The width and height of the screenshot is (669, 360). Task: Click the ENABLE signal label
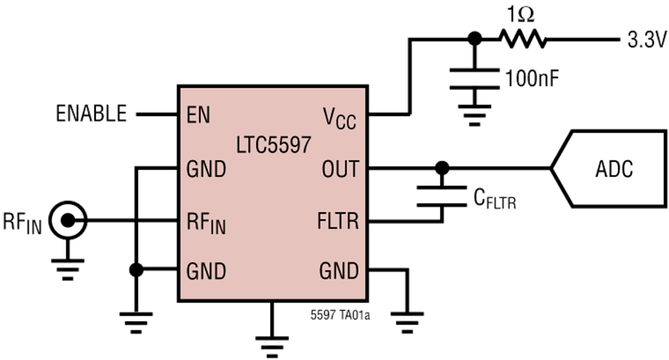(x=91, y=114)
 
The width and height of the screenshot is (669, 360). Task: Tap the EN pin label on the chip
(x=199, y=114)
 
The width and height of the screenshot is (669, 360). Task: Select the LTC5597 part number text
(x=274, y=145)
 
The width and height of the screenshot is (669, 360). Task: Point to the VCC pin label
(x=340, y=117)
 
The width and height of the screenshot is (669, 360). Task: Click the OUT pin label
(x=341, y=169)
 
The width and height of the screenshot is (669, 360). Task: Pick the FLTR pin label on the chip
(x=338, y=221)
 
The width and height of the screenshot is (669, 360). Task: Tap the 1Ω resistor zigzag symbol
(x=523, y=39)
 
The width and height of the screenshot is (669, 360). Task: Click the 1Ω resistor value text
(x=521, y=15)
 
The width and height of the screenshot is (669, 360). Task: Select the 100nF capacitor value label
(x=531, y=78)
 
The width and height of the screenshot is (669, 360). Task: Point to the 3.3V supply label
(x=647, y=40)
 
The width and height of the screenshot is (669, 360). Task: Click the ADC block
(x=609, y=168)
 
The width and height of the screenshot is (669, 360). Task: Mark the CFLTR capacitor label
(x=495, y=198)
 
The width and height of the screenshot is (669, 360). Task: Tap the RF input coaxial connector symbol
(x=68, y=220)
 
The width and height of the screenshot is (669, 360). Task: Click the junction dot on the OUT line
(x=442, y=168)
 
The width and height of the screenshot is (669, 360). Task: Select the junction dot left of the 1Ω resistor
(x=475, y=39)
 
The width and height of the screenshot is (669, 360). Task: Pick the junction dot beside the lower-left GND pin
(x=136, y=269)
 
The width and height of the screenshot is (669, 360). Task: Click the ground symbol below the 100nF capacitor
(x=475, y=115)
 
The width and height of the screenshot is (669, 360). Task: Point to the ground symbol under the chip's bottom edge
(x=272, y=346)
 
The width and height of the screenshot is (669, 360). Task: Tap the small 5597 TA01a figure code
(x=340, y=315)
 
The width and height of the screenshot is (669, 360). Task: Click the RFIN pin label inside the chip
(x=206, y=223)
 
